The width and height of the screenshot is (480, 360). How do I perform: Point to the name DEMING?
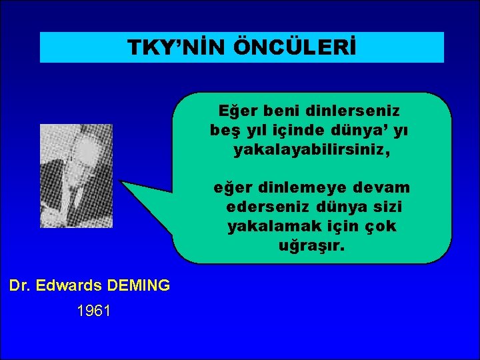click(x=138, y=286)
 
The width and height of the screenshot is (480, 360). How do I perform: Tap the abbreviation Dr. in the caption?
click(x=21, y=286)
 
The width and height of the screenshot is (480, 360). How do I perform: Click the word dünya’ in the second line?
click(x=354, y=130)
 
